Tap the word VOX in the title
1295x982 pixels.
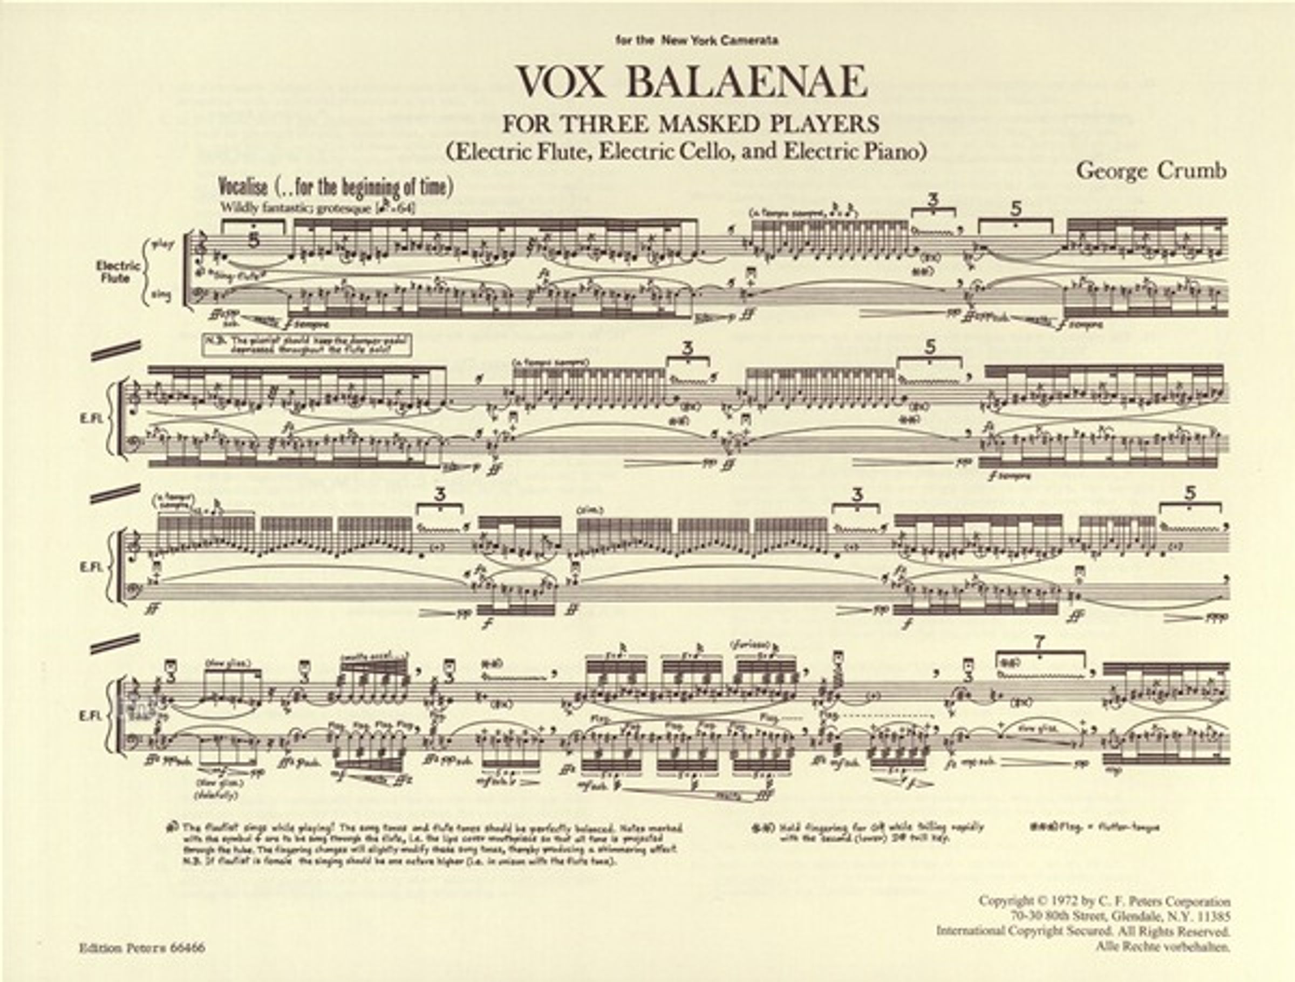[x=561, y=83]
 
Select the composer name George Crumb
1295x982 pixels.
[x=1151, y=171]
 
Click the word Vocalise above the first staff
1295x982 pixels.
[x=243, y=187]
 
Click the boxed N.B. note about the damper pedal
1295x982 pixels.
[x=308, y=345]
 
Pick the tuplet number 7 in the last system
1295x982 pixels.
[x=1039, y=642]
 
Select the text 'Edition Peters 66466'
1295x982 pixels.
[x=142, y=947]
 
